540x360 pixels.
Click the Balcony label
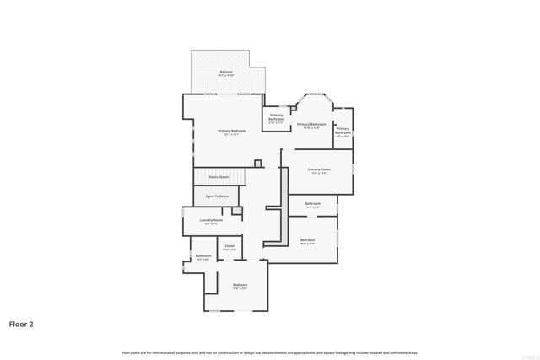[226, 72]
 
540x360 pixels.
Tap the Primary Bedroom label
[232, 131]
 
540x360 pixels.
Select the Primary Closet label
[319, 169]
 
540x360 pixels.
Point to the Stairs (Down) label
[219, 177]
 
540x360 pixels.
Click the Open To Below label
[218, 196]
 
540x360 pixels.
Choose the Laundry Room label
[212, 220]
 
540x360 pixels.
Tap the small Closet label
[229, 246]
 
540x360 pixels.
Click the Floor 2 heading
[21, 324]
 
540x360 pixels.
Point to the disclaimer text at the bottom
[269, 352]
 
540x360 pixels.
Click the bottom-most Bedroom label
[240, 285]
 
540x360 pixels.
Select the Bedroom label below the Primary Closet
[307, 240]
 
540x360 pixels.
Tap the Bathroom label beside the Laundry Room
[203, 255]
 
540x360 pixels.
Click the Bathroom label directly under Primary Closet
[313, 203]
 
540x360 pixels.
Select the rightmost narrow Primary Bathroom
[343, 131]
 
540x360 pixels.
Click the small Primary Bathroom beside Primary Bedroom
[277, 118]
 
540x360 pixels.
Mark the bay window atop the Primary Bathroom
[314, 94]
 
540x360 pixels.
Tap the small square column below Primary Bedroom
[257, 163]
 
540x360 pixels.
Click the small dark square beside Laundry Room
[237, 210]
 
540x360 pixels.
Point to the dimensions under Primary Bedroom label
[232, 135]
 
